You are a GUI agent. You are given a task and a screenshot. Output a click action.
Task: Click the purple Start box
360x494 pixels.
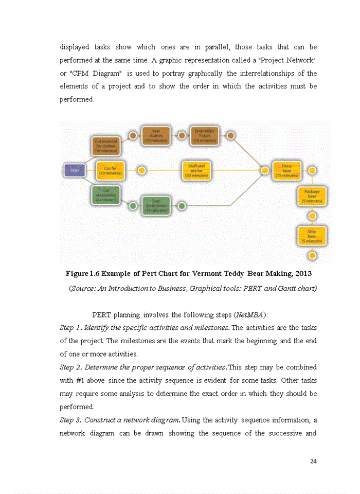tap(74, 170)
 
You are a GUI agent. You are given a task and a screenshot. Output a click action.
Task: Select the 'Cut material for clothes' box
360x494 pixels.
tap(106, 146)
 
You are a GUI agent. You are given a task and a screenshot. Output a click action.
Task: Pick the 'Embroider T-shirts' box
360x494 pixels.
tap(204, 135)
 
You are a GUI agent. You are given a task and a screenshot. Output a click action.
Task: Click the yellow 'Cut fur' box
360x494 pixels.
tap(109, 170)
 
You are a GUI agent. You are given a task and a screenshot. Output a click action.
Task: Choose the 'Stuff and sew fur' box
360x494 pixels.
tap(196, 170)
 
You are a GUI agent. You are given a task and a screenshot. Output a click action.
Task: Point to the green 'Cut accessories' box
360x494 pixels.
tap(106, 196)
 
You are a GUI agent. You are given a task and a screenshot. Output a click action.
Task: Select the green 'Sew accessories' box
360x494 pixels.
tap(156, 206)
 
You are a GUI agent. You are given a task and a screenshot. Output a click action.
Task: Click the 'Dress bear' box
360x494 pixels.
tap(287, 170)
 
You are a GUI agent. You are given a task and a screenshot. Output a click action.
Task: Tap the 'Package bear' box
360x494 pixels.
tap(312, 196)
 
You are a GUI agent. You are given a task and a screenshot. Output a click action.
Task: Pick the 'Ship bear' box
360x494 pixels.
tap(312, 236)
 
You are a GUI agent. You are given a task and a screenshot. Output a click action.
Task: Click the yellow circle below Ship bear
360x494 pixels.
tap(312, 255)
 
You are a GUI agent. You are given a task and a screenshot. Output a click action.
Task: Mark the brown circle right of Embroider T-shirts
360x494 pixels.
tap(231, 136)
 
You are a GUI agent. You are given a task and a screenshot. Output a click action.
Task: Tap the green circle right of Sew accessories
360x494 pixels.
tap(181, 206)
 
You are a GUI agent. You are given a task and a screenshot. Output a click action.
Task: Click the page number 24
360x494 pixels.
tap(313, 461)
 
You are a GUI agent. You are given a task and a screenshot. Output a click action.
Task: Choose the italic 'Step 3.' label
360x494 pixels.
tap(71, 420)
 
